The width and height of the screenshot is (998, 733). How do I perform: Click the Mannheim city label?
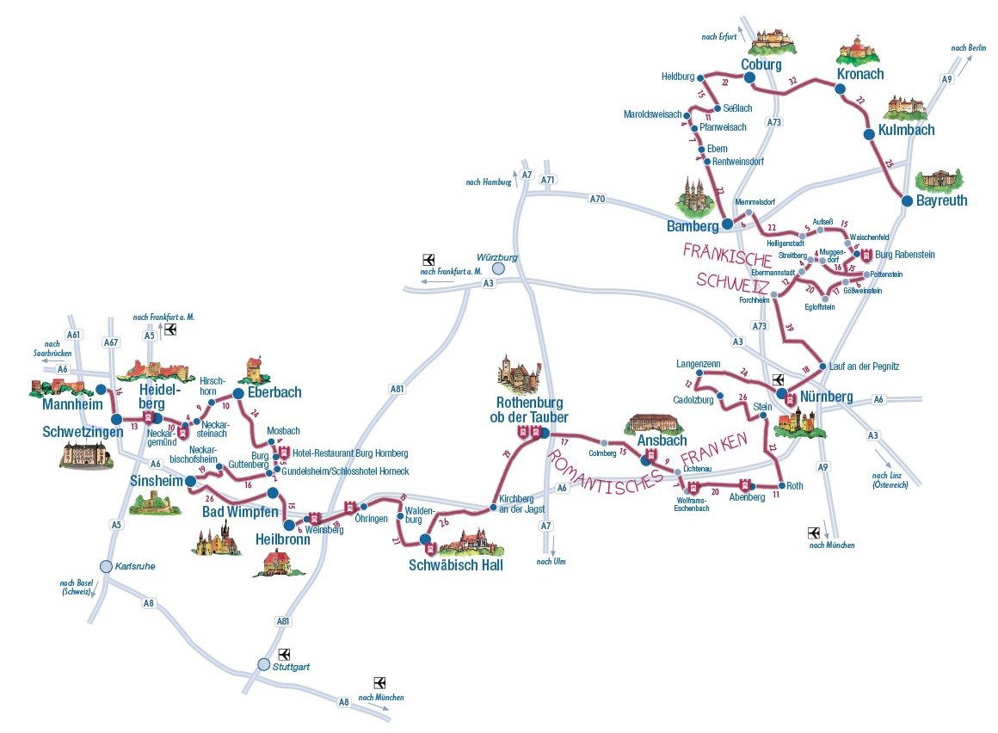pos(71,404)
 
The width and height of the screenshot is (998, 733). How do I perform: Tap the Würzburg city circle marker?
pos(497,268)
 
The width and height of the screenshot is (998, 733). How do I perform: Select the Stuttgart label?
pos(293,666)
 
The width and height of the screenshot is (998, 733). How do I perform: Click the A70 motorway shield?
pos(597,200)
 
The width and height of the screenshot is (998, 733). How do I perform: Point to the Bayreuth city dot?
pos(906,200)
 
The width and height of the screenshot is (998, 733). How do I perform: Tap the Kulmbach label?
pos(906,130)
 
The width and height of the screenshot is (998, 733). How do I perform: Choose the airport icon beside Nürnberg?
pos(779,379)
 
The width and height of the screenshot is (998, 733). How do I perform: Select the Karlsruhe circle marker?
pos(106,566)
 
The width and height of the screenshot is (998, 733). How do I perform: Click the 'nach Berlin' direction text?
pos(969,48)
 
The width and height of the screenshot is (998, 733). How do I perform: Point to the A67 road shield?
pos(110,342)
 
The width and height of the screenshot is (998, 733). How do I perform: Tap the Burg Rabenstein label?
pos(904,255)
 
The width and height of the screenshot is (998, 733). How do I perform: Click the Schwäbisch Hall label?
pos(456,565)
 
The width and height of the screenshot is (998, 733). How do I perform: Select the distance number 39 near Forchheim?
pos(790,327)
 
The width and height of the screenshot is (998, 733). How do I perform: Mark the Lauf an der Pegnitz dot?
pos(822,366)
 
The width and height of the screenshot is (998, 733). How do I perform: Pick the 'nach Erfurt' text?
pos(719,36)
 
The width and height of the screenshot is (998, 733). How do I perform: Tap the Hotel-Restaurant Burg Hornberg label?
pos(350,453)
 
